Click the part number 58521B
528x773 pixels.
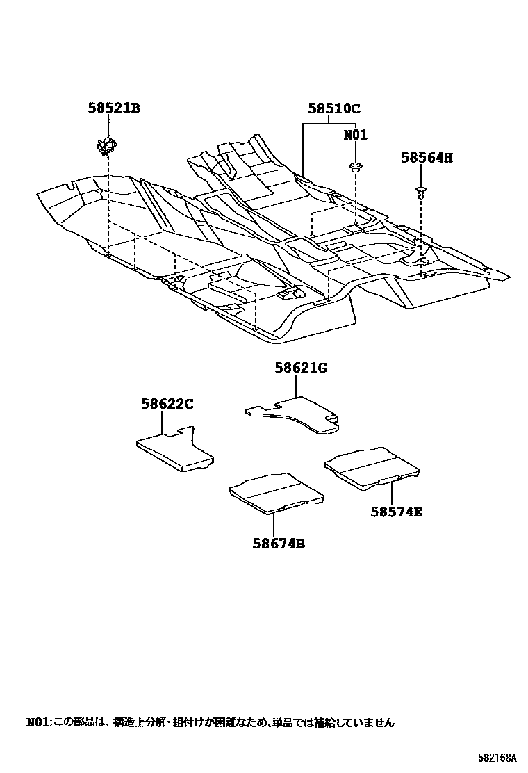pos(114,108)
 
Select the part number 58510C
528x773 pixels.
pos(334,108)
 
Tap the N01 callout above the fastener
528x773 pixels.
pos(355,135)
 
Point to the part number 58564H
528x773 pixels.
pos(426,158)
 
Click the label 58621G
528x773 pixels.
pos(300,368)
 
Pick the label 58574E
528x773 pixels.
pos(396,512)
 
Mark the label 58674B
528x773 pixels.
pos(278,544)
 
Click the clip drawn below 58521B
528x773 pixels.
pos(107,145)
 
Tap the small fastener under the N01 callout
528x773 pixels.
pos(355,166)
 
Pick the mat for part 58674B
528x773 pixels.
pos(277,492)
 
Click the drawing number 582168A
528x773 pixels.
pos(497,757)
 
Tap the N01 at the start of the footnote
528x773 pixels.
pos(38,723)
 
